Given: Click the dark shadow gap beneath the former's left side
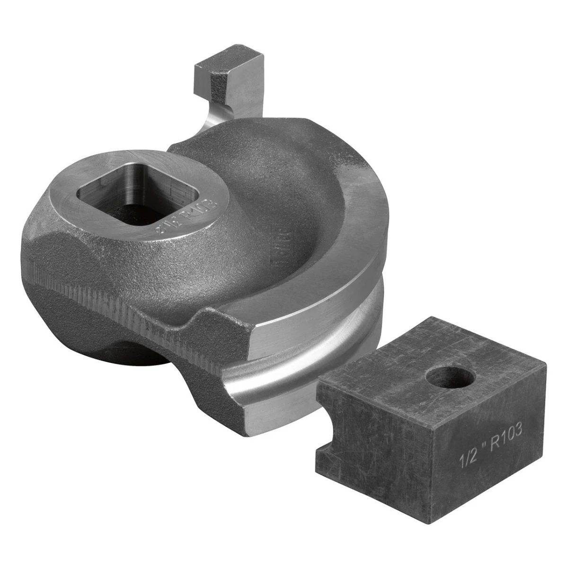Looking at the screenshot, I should click(133, 355).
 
